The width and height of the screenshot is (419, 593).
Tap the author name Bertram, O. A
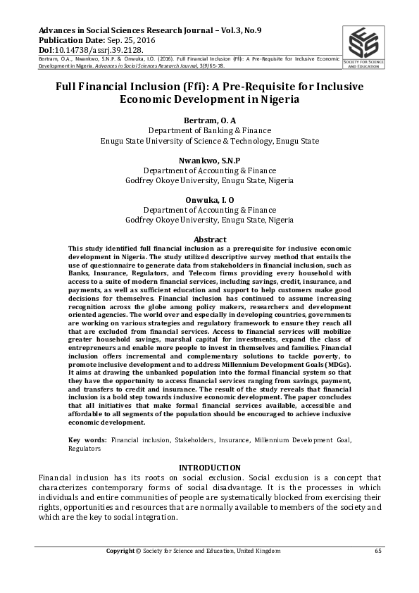click(x=209, y=121)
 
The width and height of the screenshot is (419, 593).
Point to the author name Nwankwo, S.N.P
click(x=209, y=161)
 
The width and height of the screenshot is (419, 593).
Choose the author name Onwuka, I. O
click(x=209, y=200)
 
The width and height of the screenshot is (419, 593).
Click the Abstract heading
click(x=209, y=239)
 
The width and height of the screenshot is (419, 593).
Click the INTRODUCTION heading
click(x=209, y=468)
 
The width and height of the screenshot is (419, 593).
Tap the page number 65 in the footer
click(x=378, y=550)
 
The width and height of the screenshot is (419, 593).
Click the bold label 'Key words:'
click(x=88, y=440)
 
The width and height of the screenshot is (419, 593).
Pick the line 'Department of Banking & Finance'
click(x=209, y=131)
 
